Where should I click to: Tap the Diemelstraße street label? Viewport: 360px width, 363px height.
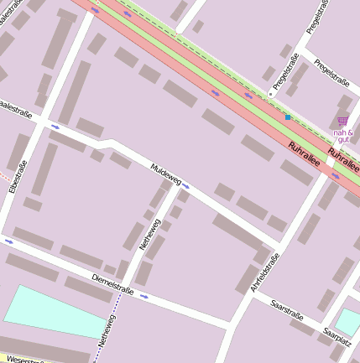pos(113,283)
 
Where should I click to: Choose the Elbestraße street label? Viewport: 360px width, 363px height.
pos(13,179)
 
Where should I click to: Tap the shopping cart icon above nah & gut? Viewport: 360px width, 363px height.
pos(342,122)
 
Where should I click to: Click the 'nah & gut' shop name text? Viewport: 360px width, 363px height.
pos(343,137)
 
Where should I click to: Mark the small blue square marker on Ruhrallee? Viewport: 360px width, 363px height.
pos(287,117)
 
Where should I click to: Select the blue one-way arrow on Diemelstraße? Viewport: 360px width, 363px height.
pos(145,296)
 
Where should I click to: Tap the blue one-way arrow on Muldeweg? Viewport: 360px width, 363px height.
pos(185,188)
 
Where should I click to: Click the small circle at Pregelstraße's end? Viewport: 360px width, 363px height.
pos(271,93)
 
